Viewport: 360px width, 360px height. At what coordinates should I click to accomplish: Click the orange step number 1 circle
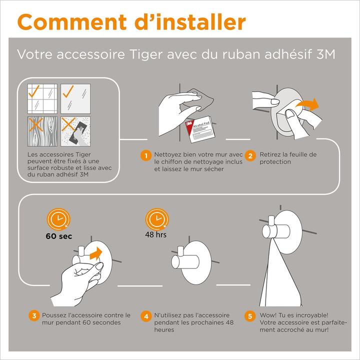[x=146, y=156]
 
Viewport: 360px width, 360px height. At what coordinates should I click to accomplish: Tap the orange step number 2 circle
[x=250, y=156]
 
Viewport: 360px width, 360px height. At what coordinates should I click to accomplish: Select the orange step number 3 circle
[x=34, y=316]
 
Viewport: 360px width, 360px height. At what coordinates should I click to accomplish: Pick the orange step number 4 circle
[x=146, y=316]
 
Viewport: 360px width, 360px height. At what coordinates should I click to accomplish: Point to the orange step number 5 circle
[x=250, y=316]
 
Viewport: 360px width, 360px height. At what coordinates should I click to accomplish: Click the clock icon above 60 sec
[x=58, y=219]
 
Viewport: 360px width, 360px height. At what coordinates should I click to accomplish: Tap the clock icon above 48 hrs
[x=157, y=219]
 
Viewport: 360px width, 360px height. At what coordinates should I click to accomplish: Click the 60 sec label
[x=59, y=236]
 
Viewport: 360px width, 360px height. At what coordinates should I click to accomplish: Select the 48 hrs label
[x=155, y=234]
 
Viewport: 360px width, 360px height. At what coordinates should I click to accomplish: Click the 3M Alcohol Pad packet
[x=200, y=129]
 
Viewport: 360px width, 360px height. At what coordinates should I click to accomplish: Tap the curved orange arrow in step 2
[x=307, y=105]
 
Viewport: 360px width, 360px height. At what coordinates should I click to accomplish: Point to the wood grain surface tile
[x=42, y=131]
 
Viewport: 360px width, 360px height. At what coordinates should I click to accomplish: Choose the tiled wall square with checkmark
[x=42, y=98]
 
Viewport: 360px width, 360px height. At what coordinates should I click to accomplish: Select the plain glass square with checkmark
[x=75, y=98]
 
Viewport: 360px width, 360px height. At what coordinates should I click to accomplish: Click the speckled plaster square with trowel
[x=75, y=131]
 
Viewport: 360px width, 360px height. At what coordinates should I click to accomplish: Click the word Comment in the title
[x=72, y=22]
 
